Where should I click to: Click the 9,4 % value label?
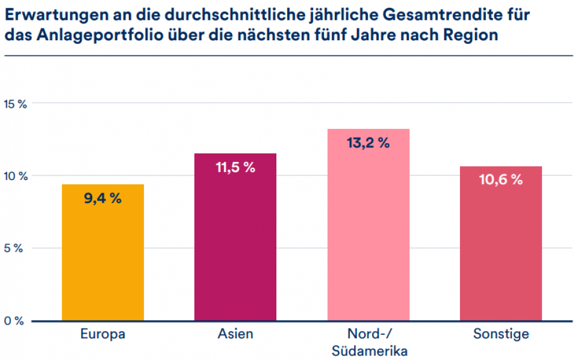[103, 198]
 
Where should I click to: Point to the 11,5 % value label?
[235, 167]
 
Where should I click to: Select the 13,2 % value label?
[368, 143]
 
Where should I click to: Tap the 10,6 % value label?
[500, 180]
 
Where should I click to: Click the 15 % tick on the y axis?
[16, 104]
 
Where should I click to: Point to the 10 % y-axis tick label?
[16, 176]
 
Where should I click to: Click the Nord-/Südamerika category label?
[368, 343]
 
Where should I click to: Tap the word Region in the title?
[472, 35]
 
